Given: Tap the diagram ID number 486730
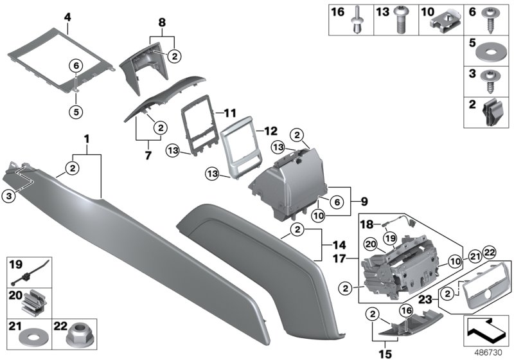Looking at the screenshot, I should (491, 352).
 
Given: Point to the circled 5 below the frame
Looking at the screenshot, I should (75, 110).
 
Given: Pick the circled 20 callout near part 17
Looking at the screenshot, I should (369, 244).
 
